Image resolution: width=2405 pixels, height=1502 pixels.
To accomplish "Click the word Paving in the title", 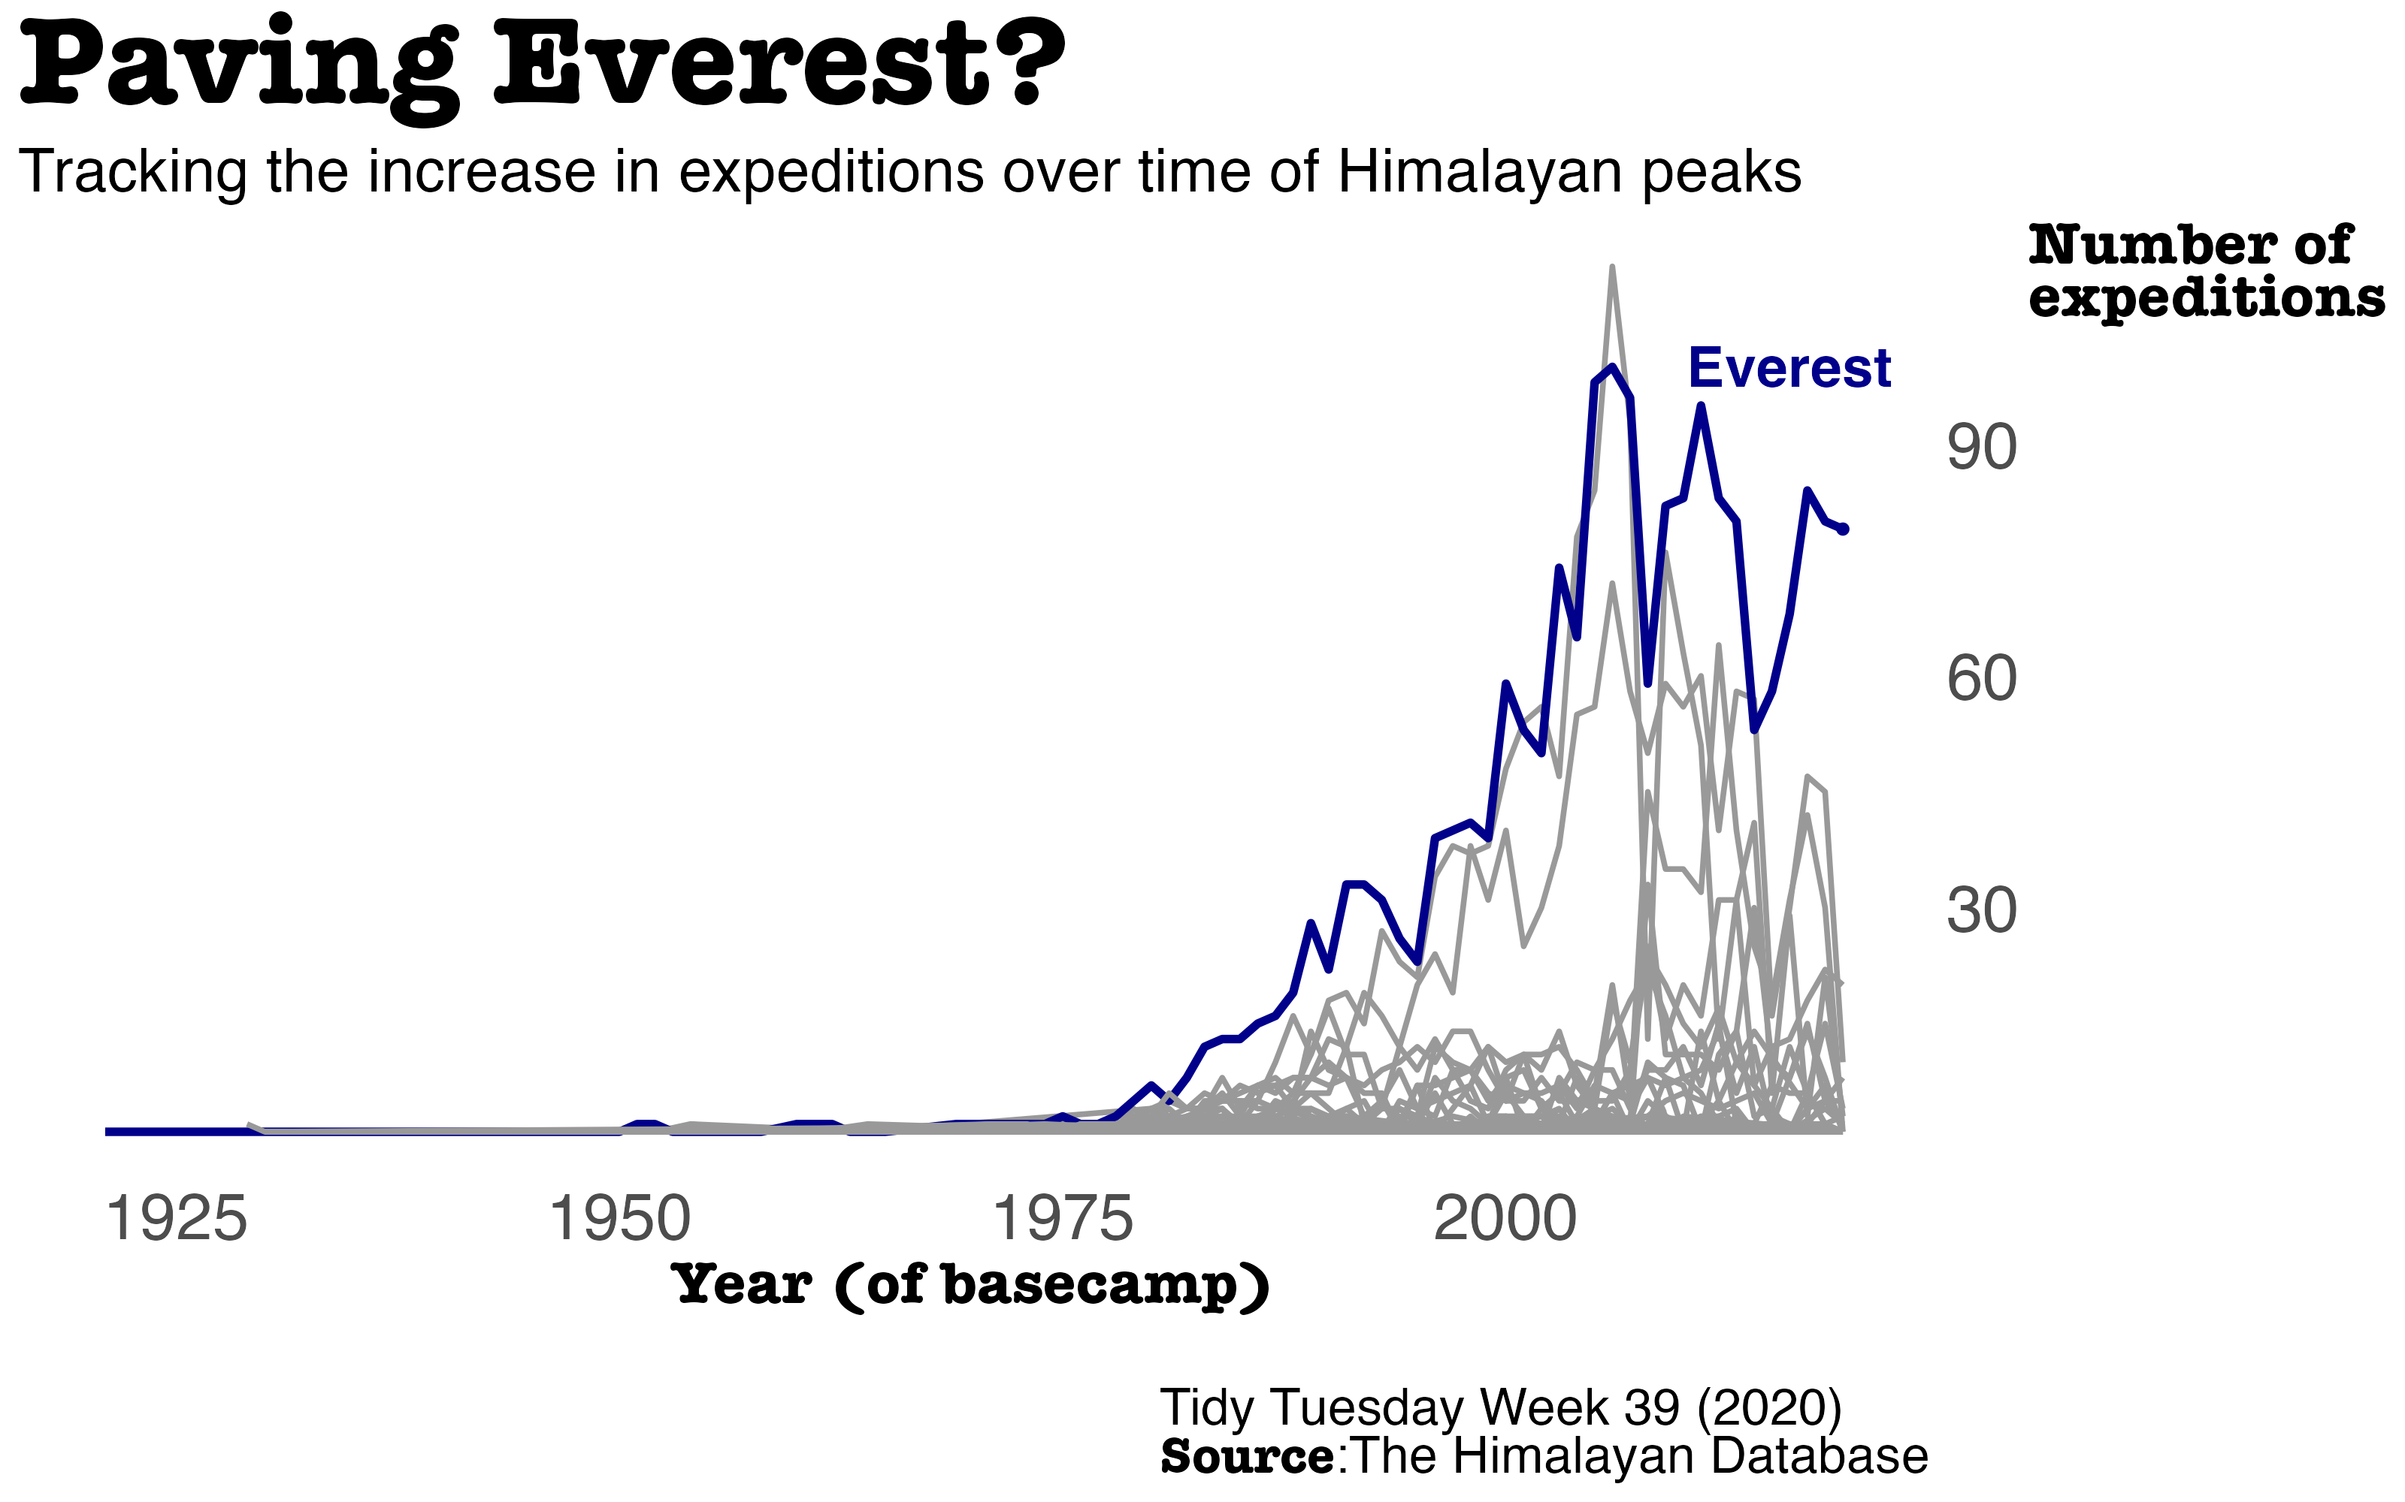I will pyautogui.click(x=238, y=68).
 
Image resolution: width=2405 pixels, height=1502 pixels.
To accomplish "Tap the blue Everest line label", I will pyautogui.click(x=1789, y=369).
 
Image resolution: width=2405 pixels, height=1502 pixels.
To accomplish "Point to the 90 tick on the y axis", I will pyautogui.click(x=1980, y=448).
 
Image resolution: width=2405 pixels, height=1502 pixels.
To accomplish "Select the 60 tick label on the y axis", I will pyautogui.click(x=1980, y=680).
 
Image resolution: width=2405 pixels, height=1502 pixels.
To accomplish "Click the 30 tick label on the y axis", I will pyautogui.click(x=1980, y=911).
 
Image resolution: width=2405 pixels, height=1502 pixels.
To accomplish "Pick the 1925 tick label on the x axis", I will pyautogui.click(x=176, y=1219).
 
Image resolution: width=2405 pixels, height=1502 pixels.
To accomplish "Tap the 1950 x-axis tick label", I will pyautogui.click(x=619, y=1219).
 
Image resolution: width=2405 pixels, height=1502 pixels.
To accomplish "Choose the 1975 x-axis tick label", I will pyautogui.click(x=1063, y=1219).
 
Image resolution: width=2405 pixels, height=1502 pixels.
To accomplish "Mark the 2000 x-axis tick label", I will pyautogui.click(x=1505, y=1219).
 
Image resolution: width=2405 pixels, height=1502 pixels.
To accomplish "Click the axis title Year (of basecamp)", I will pyautogui.click(x=971, y=1286).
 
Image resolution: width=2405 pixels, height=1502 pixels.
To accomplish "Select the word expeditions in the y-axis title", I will pyautogui.click(x=2207, y=298).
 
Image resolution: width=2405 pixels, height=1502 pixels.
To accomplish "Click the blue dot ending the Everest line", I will pyautogui.click(x=1844, y=529).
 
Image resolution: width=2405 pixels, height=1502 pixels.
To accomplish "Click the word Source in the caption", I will pyautogui.click(x=1248, y=1457).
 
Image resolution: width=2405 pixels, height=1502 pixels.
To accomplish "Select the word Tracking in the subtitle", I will pyautogui.click(x=132, y=172).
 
